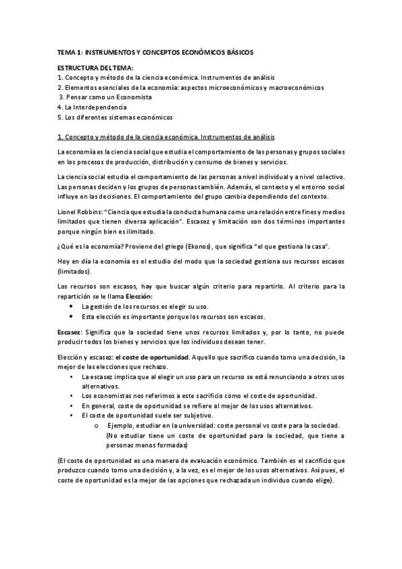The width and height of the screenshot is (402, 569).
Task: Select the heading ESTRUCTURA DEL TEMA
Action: pyautogui.click(x=96, y=68)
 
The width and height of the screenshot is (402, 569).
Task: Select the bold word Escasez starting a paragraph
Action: pyautogui.click(x=70, y=332)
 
